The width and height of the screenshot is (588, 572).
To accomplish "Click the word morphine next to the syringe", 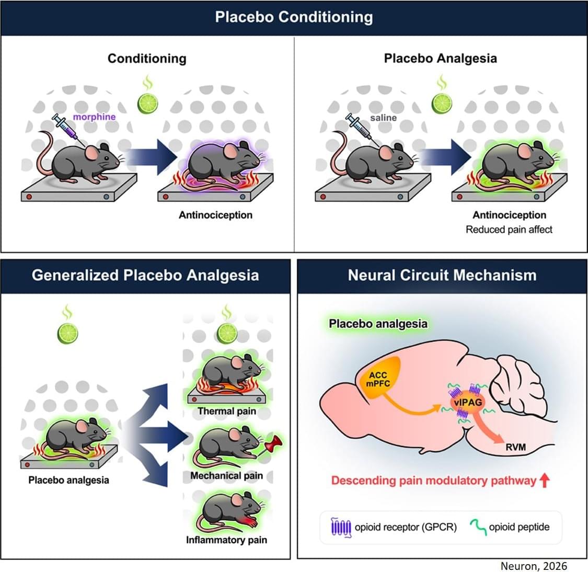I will point(94,117).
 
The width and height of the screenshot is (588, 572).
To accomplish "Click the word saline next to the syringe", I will point(383,118).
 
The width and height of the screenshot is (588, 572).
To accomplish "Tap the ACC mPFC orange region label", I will point(378,380).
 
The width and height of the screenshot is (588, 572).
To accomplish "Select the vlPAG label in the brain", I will point(466,402).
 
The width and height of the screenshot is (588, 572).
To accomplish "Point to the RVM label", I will point(515,447).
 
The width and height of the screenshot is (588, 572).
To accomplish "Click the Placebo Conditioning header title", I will point(294,17).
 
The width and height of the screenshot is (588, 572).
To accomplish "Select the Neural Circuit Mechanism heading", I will point(442,275).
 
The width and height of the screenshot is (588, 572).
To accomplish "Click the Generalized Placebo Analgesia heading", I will point(145,275).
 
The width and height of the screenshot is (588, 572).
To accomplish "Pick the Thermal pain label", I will point(227,411).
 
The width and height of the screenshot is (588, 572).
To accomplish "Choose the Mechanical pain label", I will point(226,476).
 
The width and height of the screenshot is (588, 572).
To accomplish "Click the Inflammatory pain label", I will point(226,540).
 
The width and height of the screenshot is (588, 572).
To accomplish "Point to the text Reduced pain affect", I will point(509,229).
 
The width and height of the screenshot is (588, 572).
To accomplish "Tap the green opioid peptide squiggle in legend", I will point(479,527).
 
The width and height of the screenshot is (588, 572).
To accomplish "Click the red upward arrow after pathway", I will point(544,480).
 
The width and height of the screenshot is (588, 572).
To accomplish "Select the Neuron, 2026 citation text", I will point(533,566).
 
